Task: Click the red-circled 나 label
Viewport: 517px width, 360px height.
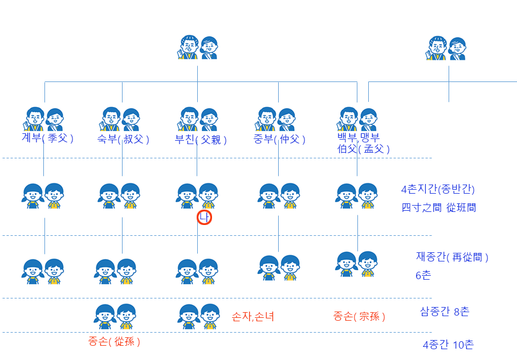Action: tap(205, 218)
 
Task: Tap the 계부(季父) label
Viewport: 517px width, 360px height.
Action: tap(47, 138)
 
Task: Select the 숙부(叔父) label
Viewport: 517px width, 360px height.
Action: tap(123, 139)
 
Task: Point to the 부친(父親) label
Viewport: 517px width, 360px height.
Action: tap(201, 140)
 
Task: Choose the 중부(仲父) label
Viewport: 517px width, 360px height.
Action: tap(279, 139)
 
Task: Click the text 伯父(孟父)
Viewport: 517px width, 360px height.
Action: tap(364, 149)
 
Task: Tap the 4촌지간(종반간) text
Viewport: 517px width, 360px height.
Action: tap(438, 190)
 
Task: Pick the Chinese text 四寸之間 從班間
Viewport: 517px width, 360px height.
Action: tap(438, 208)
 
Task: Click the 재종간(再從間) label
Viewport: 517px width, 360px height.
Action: tap(452, 257)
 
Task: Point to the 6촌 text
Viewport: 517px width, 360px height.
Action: tap(424, 276)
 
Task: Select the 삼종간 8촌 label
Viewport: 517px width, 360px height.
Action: tap(445, 311)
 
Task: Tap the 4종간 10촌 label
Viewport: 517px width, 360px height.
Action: tap(448, 345)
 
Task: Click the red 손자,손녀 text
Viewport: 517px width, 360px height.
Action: tap(253, 317)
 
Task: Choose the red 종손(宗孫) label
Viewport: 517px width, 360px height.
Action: tap(359, 317)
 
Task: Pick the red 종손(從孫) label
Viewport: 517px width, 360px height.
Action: tap(114, 342)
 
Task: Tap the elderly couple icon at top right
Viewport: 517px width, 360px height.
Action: tap(446, 48)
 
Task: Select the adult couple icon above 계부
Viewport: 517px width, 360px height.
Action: tap(43, 119)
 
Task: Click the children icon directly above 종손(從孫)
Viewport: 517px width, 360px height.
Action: tap(116, 316)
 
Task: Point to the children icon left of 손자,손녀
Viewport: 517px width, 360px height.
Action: tap(199, 316)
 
